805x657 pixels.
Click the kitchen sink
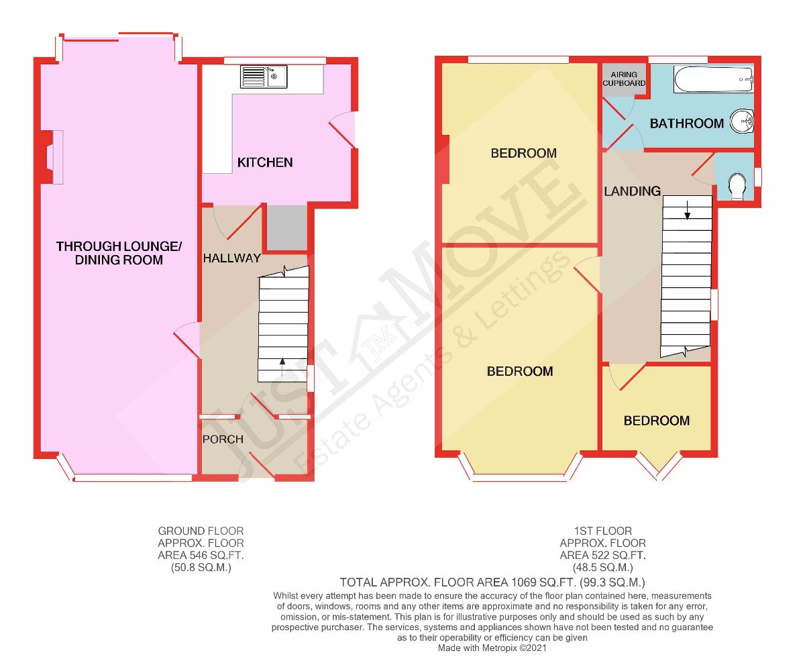264,77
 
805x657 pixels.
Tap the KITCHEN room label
265,162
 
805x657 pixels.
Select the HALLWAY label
231,258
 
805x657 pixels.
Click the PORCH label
223,440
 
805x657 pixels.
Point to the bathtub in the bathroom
713,79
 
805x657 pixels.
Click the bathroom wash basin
742,121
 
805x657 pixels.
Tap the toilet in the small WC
737,187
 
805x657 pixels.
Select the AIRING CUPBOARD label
624,79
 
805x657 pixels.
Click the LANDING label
632,191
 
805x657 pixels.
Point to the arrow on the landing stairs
687,210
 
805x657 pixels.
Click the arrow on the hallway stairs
282,367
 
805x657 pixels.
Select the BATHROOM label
687,123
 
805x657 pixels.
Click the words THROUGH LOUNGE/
119,246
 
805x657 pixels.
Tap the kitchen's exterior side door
343,130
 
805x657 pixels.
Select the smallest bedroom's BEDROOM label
657,421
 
